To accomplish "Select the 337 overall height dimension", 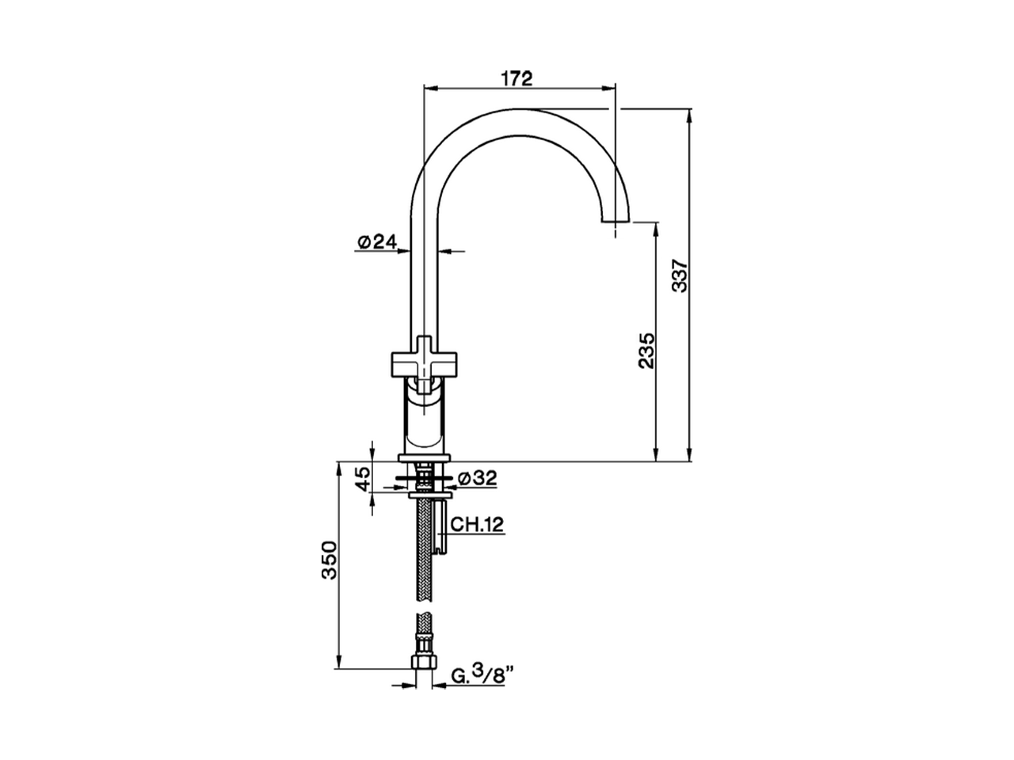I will click(x=680, y=276).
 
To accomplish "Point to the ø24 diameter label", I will click(x=376, y=242).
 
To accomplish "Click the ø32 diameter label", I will click(x=477, y=478).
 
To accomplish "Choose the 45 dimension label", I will click(x=361, y=478).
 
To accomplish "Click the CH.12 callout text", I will click(x=478, y=524).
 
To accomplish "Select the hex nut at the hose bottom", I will click(x=425, y=661).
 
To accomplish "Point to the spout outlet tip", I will click(x=616, y=221).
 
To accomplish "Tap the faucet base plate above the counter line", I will click(x=425, y=457).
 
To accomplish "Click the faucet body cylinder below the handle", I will click(x=425, y=420).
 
